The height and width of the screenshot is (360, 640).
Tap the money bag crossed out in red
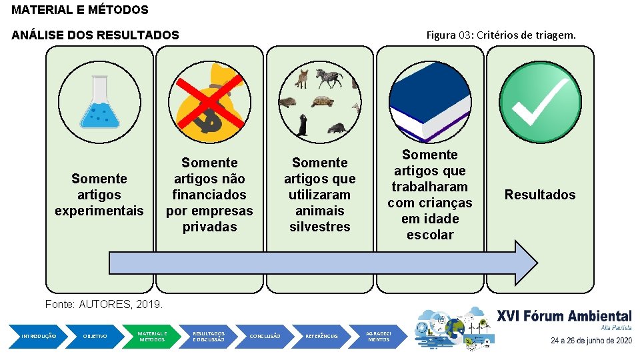point(209,103)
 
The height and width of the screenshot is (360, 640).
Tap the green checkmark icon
point(540,103)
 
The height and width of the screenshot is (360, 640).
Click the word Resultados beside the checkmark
point(540,195)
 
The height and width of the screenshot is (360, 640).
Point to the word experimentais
point(99,211)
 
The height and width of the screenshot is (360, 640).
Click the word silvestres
point(320,227)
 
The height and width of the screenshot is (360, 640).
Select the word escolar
point(430,235)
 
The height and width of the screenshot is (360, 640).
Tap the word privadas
point(209,227)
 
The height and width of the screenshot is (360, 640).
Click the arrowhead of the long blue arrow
point(525,263)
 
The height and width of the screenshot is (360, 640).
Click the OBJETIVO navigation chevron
point(95,336)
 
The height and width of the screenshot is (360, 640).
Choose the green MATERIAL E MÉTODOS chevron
point(152,336)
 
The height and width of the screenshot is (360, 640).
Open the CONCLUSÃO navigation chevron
point(265,336)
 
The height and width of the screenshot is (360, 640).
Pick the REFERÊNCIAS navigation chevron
point(321,336)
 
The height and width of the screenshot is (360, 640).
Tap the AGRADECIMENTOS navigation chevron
point(379,336)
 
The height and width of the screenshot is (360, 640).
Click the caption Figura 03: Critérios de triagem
point(501,35)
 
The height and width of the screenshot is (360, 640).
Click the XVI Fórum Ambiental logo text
point(564,317)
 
